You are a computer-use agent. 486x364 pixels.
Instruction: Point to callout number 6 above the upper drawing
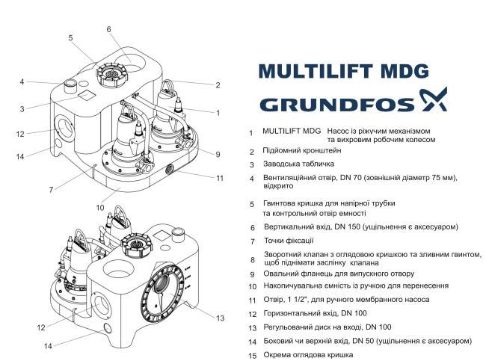[108, 29]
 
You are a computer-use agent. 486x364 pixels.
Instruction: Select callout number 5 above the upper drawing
[70, 37]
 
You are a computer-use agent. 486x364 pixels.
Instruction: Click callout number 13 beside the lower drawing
[219, 318]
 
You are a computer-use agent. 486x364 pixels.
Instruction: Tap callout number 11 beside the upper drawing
[220, 178]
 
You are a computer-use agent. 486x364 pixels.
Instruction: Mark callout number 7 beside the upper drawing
[51, 190]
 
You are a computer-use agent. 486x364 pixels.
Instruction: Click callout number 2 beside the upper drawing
[218, 85]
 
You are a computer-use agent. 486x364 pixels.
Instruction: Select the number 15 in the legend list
[252, 355]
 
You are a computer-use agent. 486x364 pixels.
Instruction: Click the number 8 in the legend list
[252, 259]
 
